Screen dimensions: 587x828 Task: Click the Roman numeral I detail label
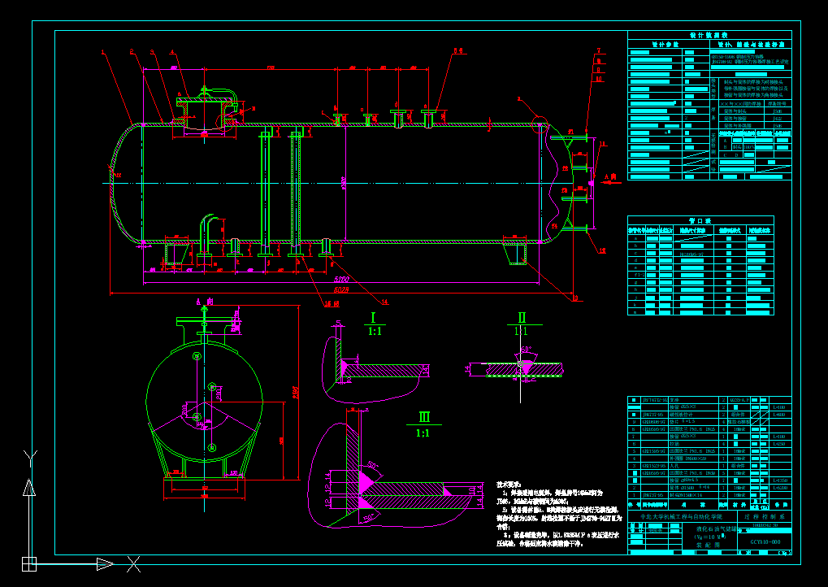point(373,317)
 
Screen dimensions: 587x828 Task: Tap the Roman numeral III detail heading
point(423,417)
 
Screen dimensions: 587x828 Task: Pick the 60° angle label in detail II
point(526,349)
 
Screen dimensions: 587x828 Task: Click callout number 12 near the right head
point(602,251)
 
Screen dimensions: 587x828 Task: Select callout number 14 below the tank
point(385,302)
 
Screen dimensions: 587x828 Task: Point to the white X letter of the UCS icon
point(133,563)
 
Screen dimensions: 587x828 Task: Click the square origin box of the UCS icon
point(29,563)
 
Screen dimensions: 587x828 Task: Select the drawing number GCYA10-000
point(765,541)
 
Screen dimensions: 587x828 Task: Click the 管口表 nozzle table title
point(700,220)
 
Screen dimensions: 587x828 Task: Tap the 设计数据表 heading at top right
point(709,36)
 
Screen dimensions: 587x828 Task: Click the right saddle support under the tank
point(515,253)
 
